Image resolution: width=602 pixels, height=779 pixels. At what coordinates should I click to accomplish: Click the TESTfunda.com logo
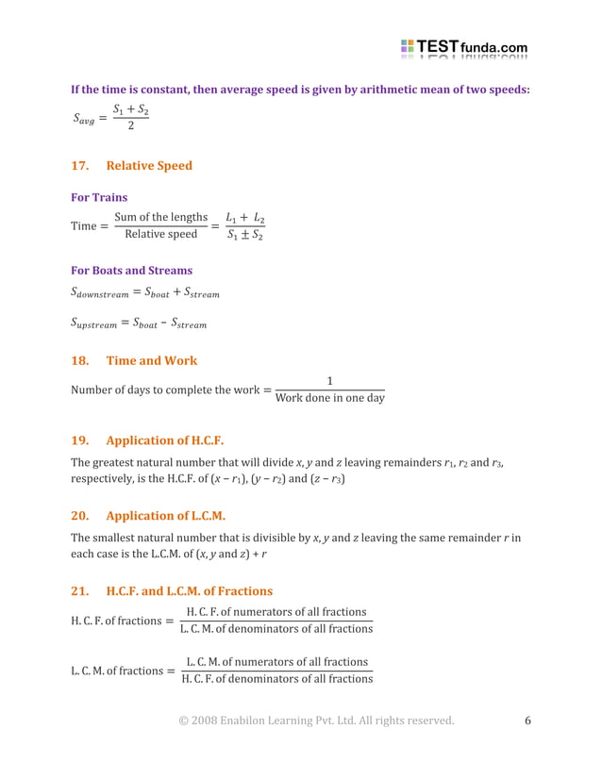[x=463, y=47]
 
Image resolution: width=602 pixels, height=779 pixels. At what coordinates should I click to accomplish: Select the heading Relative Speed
[x=149, y=166]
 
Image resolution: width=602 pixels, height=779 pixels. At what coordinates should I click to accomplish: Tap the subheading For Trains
[x=99, y=198]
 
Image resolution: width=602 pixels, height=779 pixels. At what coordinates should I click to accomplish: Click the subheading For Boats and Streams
[x=131, y=271]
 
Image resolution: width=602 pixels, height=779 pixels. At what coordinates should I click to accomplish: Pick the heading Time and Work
[x=152, y=360]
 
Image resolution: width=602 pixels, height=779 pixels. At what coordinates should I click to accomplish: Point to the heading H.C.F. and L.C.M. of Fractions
[x=189, y=591]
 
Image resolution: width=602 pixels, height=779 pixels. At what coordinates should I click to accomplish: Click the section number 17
[x=80, y=166]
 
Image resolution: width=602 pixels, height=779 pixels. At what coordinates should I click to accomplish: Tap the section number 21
[x=80, y=591]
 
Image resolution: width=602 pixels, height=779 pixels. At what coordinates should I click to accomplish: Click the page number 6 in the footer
[x=527, y=721]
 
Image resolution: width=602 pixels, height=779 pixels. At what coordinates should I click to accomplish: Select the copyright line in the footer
[x=316, y=721]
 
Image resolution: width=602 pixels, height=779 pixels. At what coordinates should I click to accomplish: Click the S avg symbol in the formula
[x=84, y=119]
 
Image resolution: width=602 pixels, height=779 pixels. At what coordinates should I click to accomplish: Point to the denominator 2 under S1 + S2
[x=130, y=127]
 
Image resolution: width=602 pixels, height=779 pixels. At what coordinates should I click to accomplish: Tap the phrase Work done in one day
[x=329, y=398]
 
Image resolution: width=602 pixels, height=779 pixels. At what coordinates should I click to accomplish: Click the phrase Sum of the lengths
[x=160, y=218]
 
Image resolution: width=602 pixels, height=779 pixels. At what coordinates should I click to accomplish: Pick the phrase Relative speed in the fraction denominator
[x=160, y=234]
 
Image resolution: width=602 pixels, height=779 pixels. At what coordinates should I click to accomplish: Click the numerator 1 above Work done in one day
[x=329, y=381]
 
